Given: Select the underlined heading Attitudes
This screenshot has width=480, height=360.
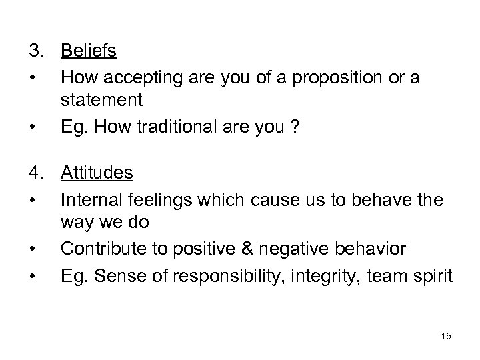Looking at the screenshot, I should tap(97, 173).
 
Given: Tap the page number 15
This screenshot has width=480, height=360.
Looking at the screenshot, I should tap(446, 337).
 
